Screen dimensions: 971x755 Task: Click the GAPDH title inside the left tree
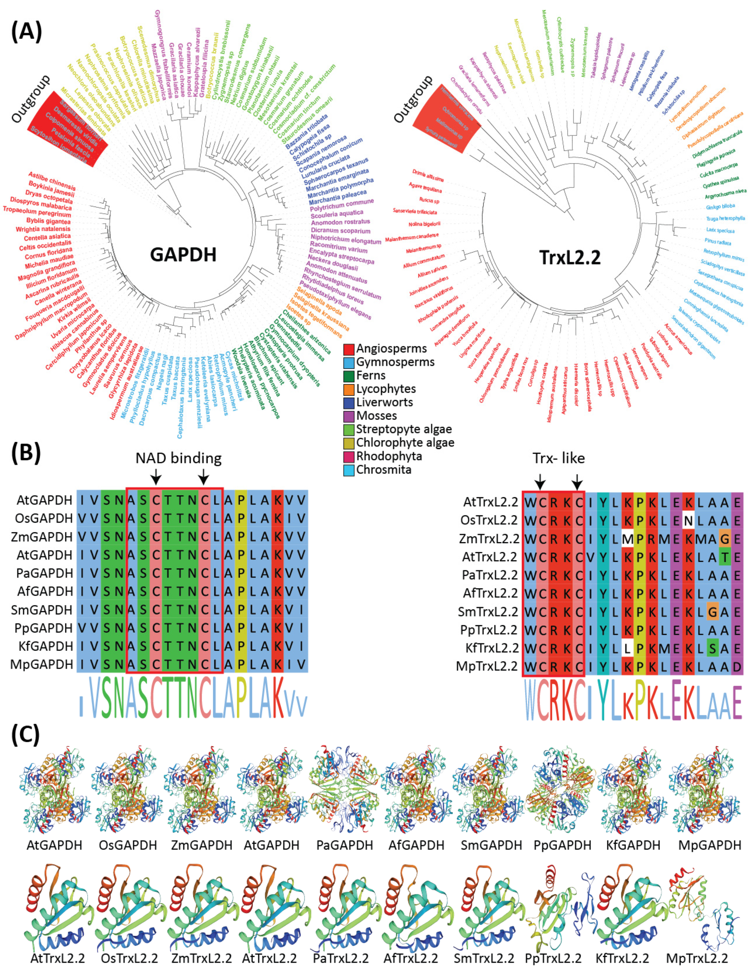point(183,254)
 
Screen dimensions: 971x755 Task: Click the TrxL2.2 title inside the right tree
point(570,257)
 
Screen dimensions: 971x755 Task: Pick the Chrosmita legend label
point(384,469)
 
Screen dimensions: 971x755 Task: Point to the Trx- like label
point(559,458)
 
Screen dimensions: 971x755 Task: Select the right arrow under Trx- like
point(577,481)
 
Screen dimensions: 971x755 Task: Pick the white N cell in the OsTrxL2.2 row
point(688,520)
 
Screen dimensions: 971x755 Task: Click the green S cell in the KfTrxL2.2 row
point(713,648)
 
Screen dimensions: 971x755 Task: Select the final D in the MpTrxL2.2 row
point(737,666)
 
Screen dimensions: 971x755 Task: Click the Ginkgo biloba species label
point(720,207)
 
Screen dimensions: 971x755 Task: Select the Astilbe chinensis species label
point(52,181)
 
